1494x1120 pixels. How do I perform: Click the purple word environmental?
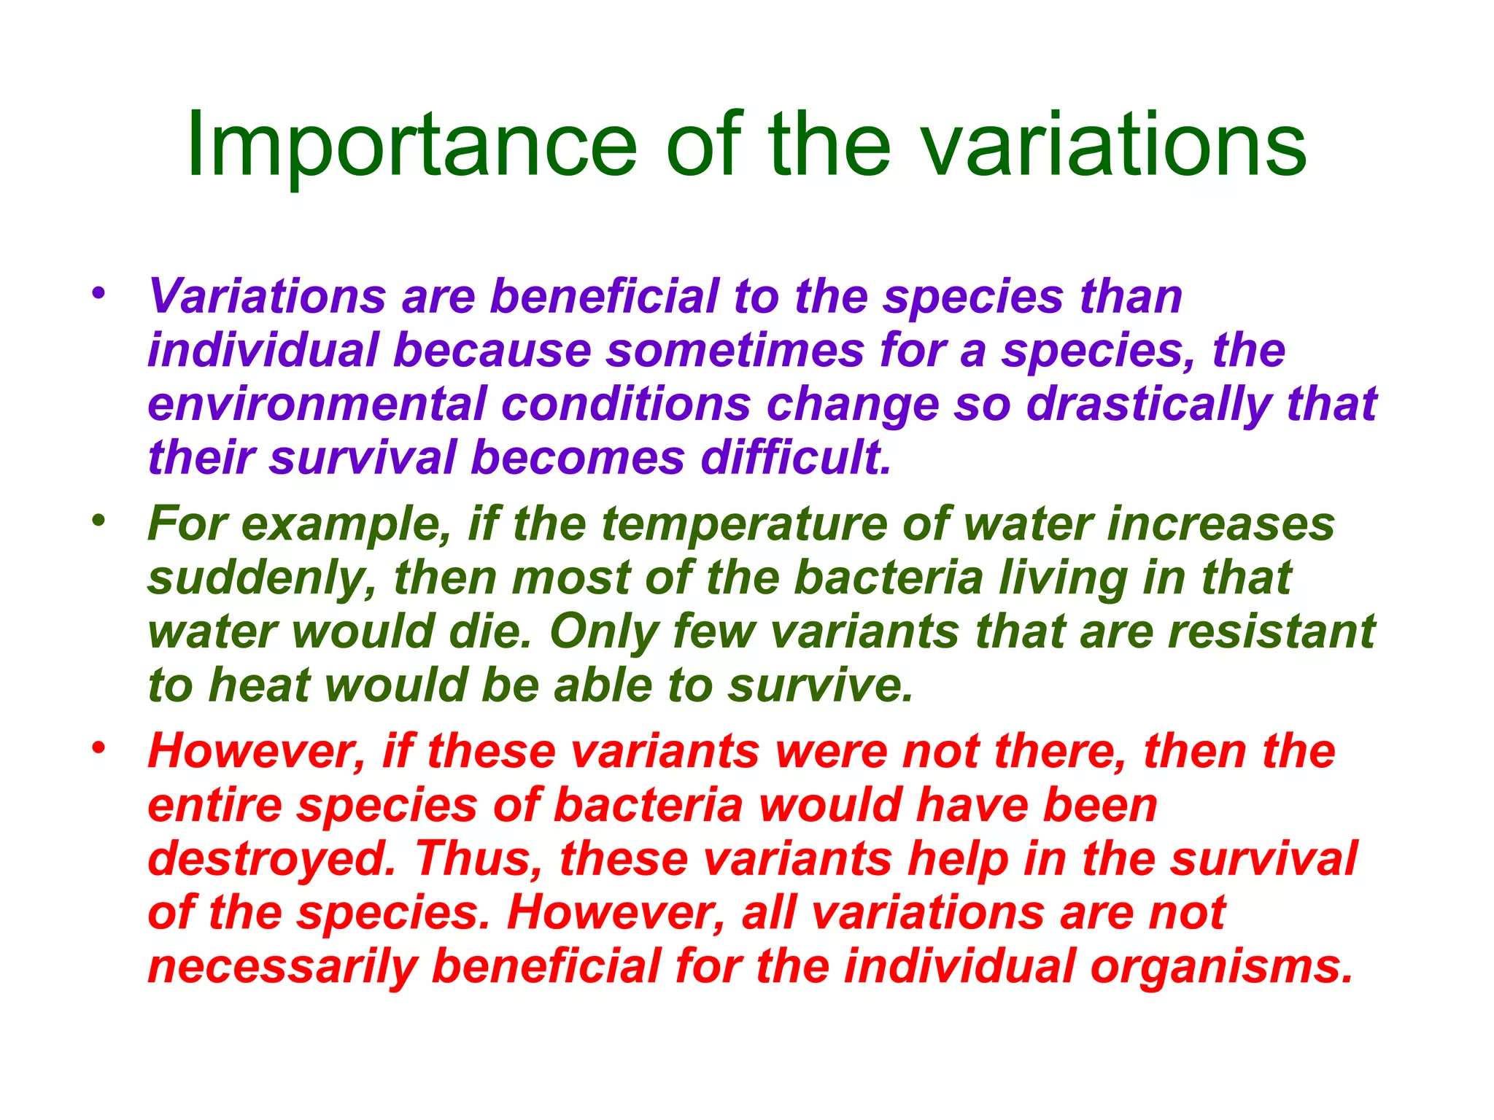click(317, 405)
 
